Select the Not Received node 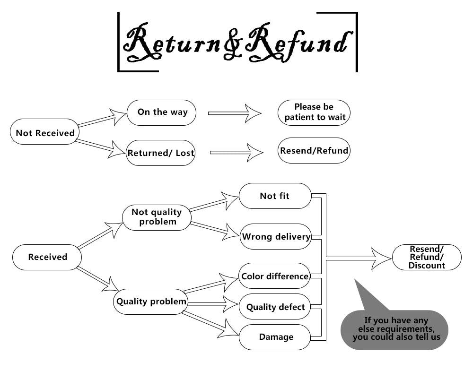(x=45, y=133)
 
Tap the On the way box (x=162, y=112)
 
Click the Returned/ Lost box (x=161, y=153)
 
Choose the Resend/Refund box (x=314, y=151)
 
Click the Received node (x=47, y=257)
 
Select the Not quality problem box (x=157, y=217)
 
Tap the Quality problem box (x=151, y=302)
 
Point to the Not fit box (x=275, y=196)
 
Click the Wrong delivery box (x=276, y=237)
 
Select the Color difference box (x=275, y=276)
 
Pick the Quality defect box (x=275, y=307)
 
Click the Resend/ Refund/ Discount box (x=427, y=257)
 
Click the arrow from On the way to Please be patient (x=235, y=113)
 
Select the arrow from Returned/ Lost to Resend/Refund (x=236, y=153)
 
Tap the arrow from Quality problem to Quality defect (x=213, y=304)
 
